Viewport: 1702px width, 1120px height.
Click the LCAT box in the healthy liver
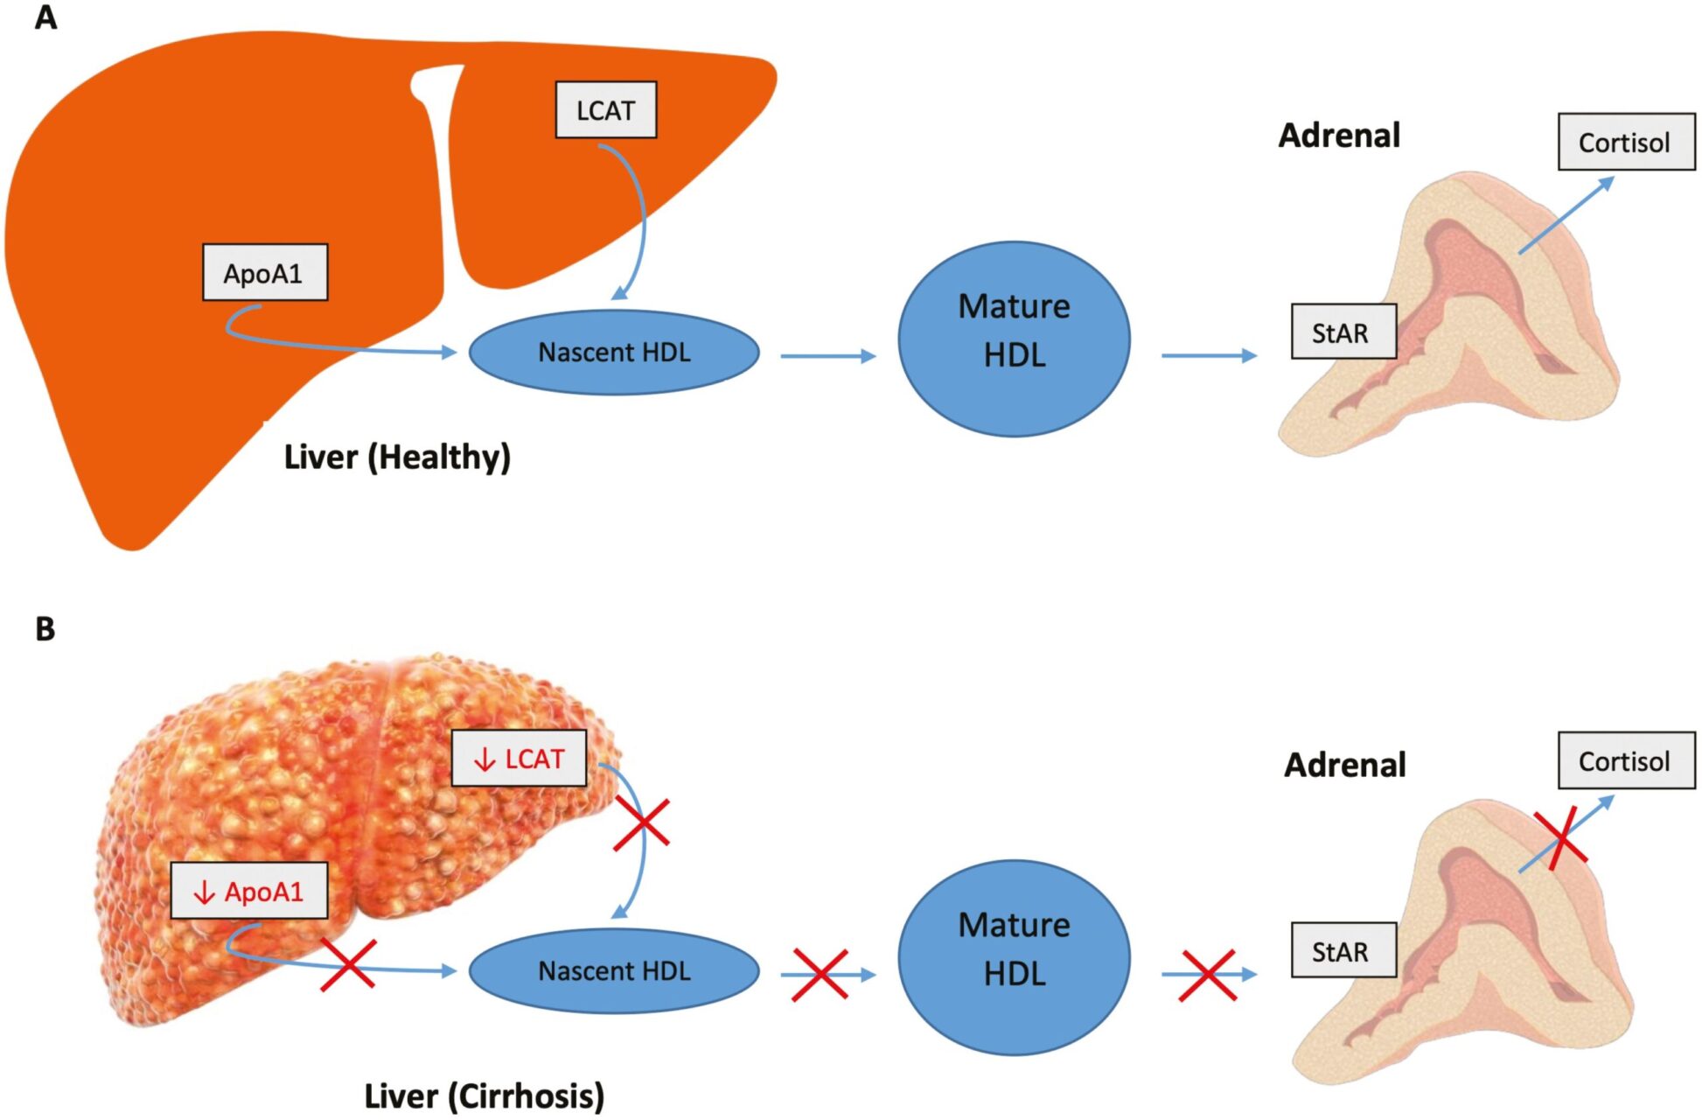[x=605, y=110]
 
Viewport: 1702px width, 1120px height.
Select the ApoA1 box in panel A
[x=264, y=273]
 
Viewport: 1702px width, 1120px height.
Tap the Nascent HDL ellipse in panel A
[x=614, y=353]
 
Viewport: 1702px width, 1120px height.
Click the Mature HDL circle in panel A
[x=1014, y=339]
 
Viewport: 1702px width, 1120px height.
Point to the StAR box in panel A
[x=1343, y=332]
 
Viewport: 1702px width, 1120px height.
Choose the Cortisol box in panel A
[x=1625, y=143]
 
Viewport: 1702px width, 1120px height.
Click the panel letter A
[x=45, y=17]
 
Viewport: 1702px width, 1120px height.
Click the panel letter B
[x=45, y=629]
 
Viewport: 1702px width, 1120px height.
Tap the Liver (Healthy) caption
[x=397, y=457]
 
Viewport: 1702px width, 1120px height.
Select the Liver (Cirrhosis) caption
[x=484, y=1095]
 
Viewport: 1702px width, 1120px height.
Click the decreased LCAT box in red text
[x=519, y=759]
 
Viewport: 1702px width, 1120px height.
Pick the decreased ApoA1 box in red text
[x=248, y=892]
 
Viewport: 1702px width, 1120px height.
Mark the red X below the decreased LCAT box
[x=641, y=823]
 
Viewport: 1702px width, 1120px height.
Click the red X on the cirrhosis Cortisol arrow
[x=1561, y=838]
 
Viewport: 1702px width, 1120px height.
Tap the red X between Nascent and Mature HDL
[x=820, y=974]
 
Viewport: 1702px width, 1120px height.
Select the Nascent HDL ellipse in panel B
[x=614, y=971]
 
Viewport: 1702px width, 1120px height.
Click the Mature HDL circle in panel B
[x=1014, y=957]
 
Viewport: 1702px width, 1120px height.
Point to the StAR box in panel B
[x=1343, y=951]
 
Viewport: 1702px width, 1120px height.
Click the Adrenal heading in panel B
[x=1344, y=766]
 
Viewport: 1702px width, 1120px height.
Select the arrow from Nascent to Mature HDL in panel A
[x=827, y=356]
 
